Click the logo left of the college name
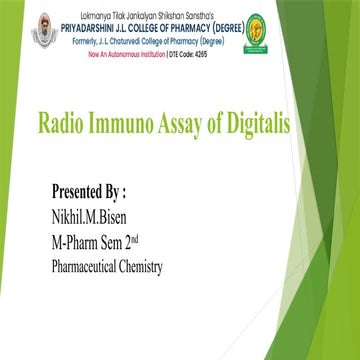pyautogui.click(x=45, y=31)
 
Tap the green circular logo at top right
pyautogui.click(x=313, y=31)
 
